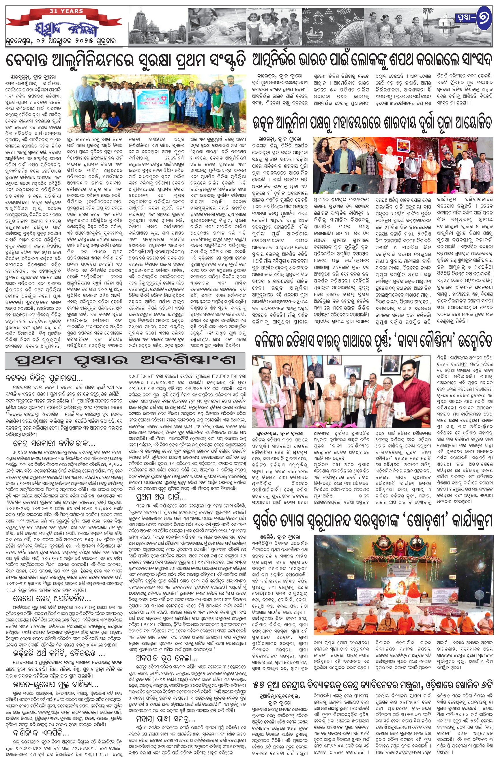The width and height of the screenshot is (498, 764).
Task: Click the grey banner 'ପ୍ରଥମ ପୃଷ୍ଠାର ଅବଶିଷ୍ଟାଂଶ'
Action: [125, 360]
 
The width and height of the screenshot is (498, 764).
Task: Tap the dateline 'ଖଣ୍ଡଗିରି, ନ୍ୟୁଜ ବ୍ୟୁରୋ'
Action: [280, 537]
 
